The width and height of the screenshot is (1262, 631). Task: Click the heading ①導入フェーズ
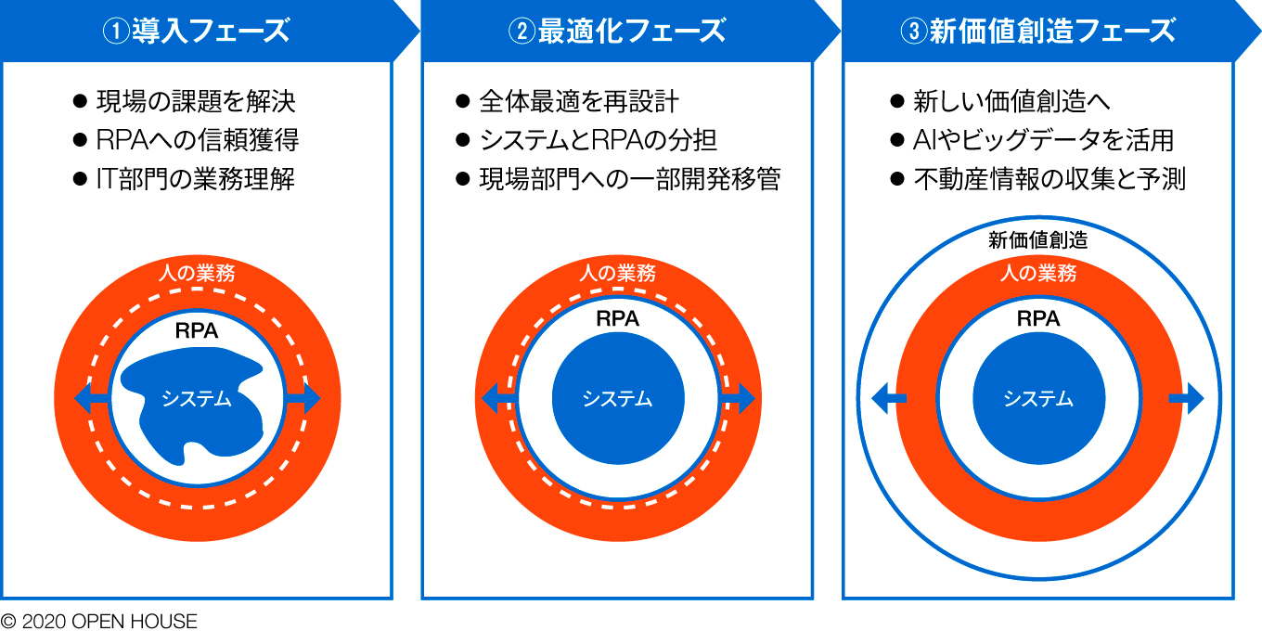click(196, 31)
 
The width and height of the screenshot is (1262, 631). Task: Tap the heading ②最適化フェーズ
click(617, 31)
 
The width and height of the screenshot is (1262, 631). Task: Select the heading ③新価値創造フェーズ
click(1037, 31)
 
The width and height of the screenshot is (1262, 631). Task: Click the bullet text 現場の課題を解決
click(196, 101)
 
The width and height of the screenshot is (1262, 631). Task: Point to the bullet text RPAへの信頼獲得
click(197, 140)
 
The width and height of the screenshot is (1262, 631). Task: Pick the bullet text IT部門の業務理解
click(196, 179)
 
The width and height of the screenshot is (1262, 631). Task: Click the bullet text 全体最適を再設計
click(579, 101)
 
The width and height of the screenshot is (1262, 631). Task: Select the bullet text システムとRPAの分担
click(598, 140)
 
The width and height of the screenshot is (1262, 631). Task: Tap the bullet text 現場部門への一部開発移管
click(630, 179)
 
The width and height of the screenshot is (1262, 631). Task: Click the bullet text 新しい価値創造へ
click(1011, 101)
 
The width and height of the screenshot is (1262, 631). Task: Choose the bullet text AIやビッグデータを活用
click(1043, 140)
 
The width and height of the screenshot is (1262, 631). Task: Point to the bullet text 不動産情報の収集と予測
click(1050, 179)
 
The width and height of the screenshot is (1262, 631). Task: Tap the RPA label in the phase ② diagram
click(617, 319)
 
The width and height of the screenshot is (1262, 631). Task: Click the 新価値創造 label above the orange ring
click(1037, 240)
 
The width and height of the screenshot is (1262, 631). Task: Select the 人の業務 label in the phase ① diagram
click(197, 273)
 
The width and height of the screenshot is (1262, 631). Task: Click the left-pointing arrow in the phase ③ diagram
click(889, 398)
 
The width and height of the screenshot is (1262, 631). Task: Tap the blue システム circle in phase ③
click(1039, 398)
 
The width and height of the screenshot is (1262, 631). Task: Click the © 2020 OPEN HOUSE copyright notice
click(98, 621)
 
